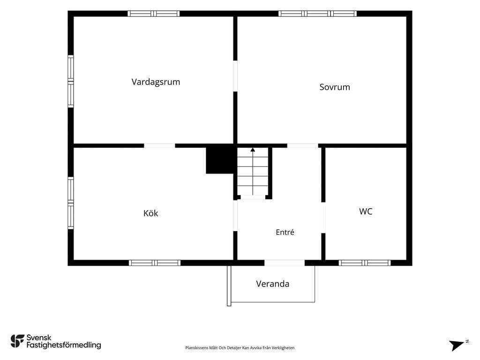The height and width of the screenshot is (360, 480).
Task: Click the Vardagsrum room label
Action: [156, 82]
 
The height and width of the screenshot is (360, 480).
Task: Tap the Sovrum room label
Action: [335, 87]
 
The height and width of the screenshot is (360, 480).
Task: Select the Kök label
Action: [150, 213]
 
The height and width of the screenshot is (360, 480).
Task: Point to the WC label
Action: [366, 211]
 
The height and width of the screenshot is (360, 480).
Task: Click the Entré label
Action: [285, 232]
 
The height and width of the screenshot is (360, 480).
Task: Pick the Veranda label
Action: [272, 284]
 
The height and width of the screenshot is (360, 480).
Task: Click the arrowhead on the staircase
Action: [253, 150]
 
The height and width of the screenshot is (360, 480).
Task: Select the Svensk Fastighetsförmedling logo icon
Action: [17, 341]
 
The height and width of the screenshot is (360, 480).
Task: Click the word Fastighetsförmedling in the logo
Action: [64, 345]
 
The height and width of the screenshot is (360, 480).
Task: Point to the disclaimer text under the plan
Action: [240, 348]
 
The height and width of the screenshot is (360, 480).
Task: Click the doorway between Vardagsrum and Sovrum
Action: [235, 76]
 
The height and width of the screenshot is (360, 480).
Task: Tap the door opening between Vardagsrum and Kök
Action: [159, 146]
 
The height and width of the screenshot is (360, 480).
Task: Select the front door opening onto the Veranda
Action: [285, 262]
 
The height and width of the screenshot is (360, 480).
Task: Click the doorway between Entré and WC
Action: [323, 217]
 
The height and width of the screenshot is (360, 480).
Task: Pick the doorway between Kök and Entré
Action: [235, 216]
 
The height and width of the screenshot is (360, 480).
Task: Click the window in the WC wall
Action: [365, 262]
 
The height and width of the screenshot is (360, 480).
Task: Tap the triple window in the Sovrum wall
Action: [317, 14]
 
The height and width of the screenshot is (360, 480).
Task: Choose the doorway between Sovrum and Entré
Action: [303, 146]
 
